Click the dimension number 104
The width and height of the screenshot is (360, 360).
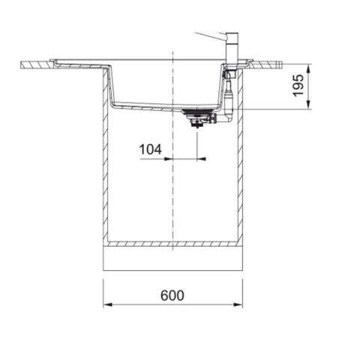pyautogui.click(x=151, y=149)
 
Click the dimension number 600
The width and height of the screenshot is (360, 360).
pyautogui.click(x=172, y=295)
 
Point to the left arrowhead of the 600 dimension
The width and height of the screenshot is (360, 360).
pyautogui.click(x=106, y=304)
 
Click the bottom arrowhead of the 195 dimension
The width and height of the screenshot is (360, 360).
pyautogui.click(x=307, y=106)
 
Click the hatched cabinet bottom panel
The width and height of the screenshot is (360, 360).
pyautogui.click(x=172, y=244)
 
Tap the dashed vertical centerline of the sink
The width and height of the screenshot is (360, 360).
pyautogui.click(x=172, y=187)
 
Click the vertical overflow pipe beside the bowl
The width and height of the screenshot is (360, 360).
pyautogui.click(x=229, y=94)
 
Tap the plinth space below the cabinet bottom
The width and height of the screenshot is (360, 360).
pyautogui.click(x=172, y=259)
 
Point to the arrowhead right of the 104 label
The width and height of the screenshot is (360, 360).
pyautogui.click(x=193, y=159)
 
